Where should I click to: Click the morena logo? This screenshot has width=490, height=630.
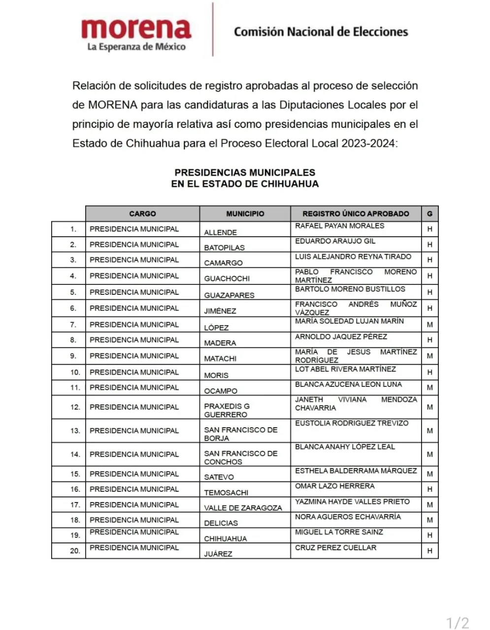tap(136, 29)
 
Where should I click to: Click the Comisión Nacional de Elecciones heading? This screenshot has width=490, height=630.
tap(321, 32)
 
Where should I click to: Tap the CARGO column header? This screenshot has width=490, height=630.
tap(142, 214)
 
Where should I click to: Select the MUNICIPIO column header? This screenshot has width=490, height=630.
tap(245, 214)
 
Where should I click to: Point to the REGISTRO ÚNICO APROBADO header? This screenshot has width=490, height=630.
tap(356, 214)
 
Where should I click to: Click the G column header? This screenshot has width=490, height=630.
tap(430, 214)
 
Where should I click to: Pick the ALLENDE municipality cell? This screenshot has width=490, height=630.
tap(221, 232)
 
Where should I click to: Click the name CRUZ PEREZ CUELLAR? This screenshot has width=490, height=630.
tap(335, 547)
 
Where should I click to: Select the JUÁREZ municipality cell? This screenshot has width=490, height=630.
tap(218, 554)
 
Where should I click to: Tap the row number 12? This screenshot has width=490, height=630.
tap(75, 407)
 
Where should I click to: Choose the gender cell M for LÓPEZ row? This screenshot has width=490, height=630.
tap(430, 325)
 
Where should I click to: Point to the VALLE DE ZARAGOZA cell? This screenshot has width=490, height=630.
tap(243, 507)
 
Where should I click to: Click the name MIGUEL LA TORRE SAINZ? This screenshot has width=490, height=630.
tap(339, 532)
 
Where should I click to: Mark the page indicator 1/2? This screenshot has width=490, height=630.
tap(457, 623)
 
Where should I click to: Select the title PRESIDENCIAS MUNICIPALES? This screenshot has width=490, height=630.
tap(245, 172)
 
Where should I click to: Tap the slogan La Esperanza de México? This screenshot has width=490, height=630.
tap(136, 47)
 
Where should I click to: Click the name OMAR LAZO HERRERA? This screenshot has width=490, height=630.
tap(334, 486)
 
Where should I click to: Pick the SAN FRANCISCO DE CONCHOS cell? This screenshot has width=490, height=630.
tap(241, 457)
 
